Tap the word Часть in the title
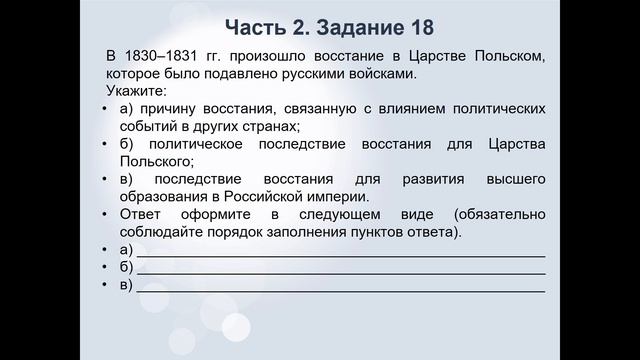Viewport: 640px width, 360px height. click(x=257, y=24)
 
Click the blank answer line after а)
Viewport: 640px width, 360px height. click(x=340, y=251)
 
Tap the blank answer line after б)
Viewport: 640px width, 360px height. click(x=340, y=269)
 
